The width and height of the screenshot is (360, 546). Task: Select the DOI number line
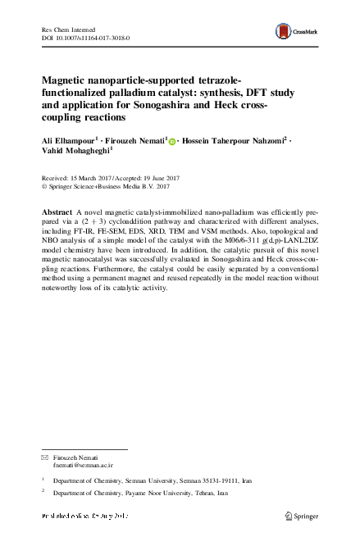[85, 39]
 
